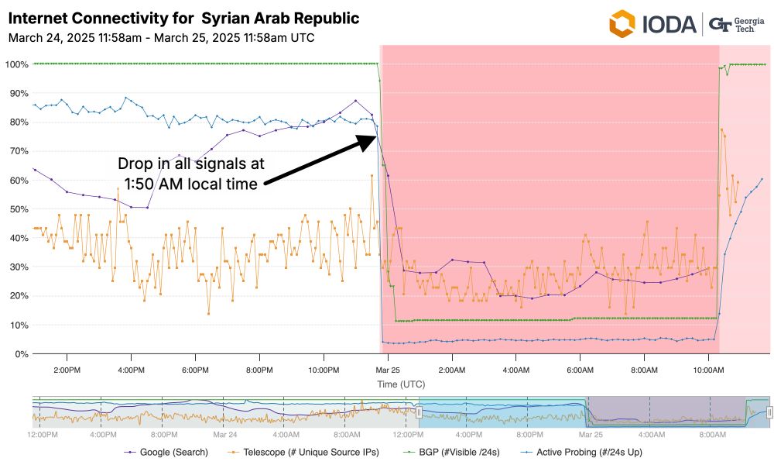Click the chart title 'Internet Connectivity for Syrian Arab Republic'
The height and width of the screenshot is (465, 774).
[x=183, y=19]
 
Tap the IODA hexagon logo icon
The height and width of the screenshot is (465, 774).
[x=622, y=24]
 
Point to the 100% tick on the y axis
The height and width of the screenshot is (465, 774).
[x=16, y=64]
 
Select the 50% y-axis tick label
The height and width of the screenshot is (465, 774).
[x=18, y=209]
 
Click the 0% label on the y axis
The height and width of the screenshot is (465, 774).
[x=20, y=354]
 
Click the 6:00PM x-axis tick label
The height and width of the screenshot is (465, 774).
[x=196, y=370]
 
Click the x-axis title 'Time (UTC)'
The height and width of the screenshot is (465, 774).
[x=401, y=384]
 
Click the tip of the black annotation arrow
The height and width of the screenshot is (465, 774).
[x=375, y=136]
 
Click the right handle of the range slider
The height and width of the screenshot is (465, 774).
[x=769, y=413]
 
